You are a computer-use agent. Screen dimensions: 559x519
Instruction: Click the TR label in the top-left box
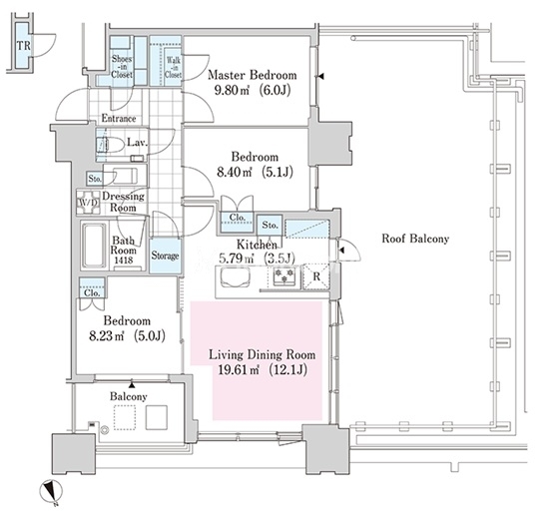(24, 46)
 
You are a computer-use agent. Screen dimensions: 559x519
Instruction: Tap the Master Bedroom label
(252, 75)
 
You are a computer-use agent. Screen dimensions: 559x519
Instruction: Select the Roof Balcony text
(415, 239)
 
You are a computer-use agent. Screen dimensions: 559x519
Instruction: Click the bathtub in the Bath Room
(95, 246)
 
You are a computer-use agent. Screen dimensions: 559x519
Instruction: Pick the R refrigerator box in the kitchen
(316, 276)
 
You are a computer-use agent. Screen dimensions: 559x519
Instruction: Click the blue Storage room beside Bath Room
(165, 256)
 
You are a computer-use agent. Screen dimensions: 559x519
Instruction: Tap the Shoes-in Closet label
(122, 67)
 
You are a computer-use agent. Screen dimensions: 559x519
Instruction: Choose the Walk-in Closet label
(174, 67)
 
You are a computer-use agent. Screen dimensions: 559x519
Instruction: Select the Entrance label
(119, 119)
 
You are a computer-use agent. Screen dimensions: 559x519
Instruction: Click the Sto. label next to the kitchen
(270, 225)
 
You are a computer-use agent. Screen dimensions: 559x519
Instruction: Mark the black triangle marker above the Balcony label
(132, 385)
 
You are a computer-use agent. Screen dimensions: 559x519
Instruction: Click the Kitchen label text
(257, 245)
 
